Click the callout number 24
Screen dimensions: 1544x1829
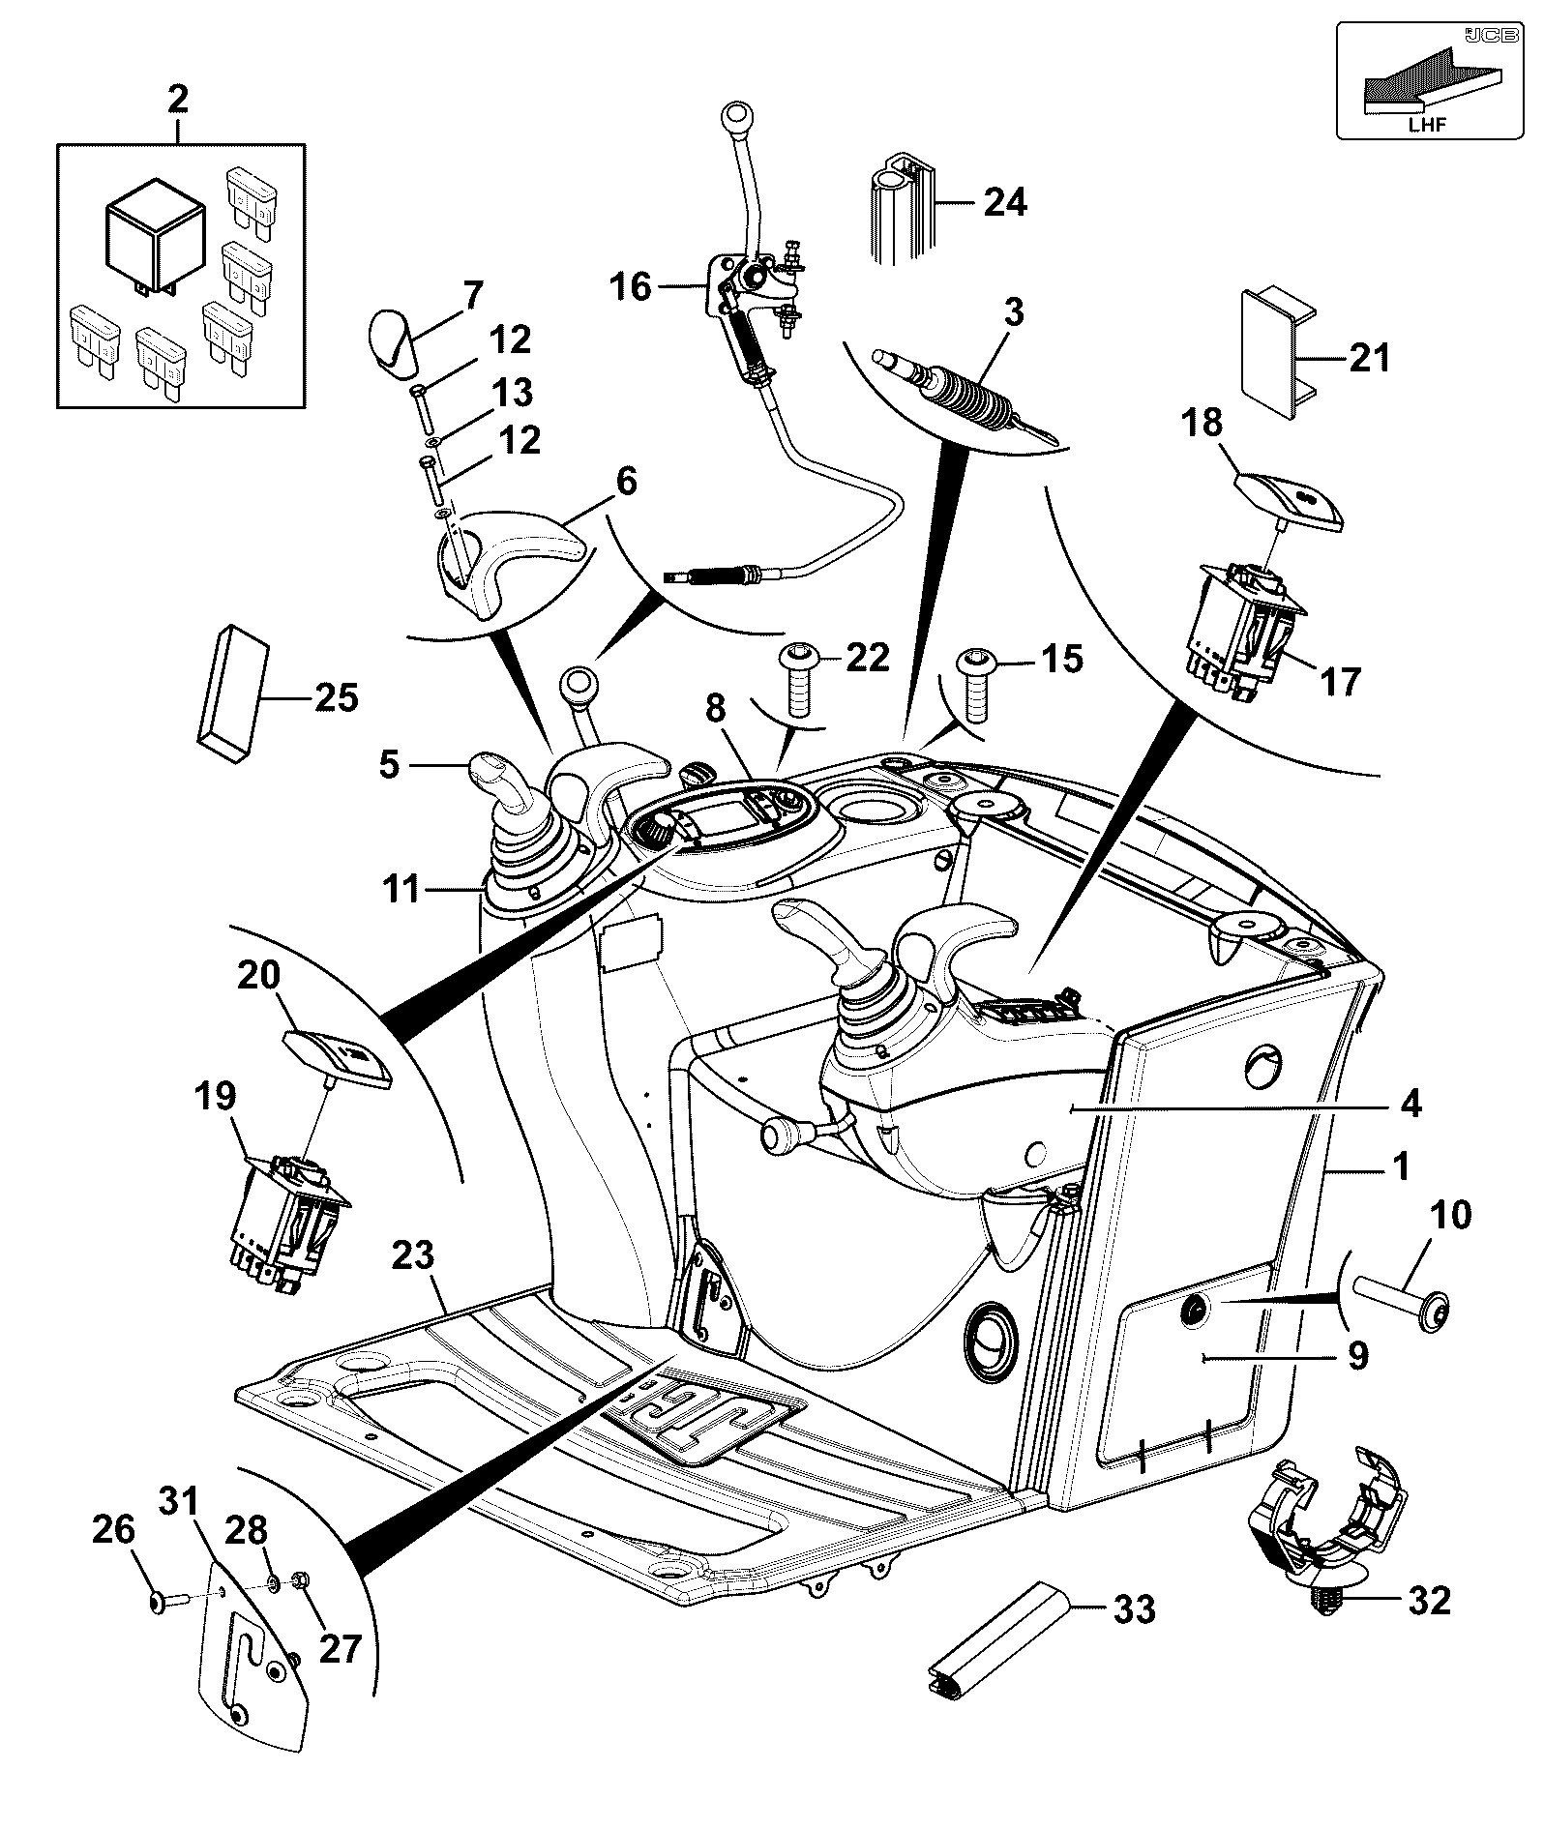click(1005, 202)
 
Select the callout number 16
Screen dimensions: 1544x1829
click(631, 287)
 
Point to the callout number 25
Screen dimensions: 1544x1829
click(338, 696)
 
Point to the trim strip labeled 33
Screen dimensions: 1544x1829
click(995, 1638)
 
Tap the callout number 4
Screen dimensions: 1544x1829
click(1411, 1103)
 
